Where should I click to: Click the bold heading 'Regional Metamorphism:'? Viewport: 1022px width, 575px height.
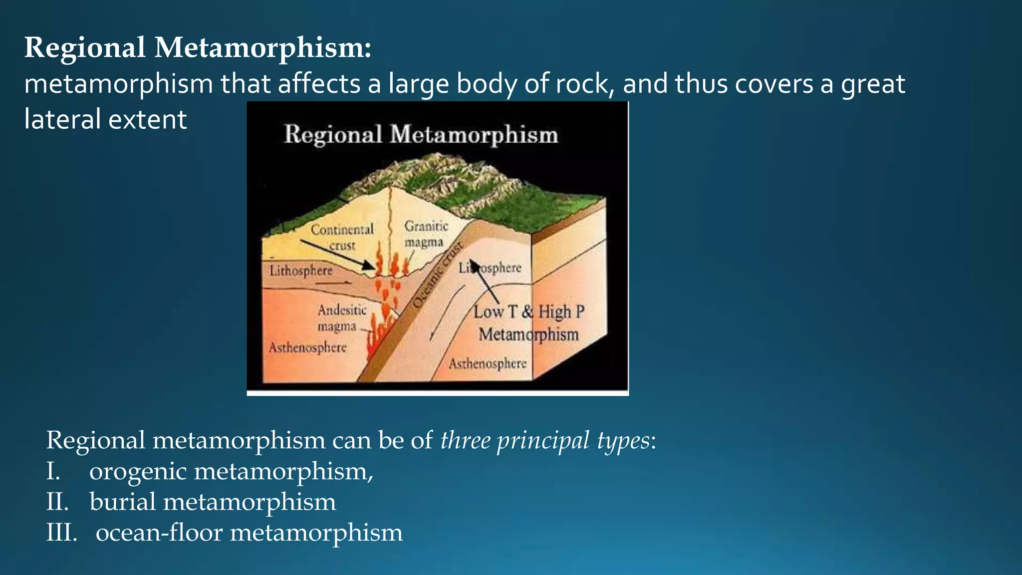click(198, 48)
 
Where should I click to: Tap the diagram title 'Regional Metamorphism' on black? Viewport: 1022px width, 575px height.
click(421, 135)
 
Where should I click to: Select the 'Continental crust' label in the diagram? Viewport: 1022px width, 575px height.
click(342, 237)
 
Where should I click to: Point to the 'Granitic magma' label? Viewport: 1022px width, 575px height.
click(426, 234)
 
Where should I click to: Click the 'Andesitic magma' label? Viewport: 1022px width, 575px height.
click(342, 318)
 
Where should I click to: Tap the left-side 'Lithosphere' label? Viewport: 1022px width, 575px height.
click(301, 271)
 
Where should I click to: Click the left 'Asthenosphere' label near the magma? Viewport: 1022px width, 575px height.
click(307, 347)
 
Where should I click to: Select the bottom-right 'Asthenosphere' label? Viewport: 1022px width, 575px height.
click(488, 363)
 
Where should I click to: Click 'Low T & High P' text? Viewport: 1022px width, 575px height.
click(528, 312)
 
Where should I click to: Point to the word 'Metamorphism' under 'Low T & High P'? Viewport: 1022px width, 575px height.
click(528, 334)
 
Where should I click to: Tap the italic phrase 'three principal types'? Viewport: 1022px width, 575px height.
click(545, 440)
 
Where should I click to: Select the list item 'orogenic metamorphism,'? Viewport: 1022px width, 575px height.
click(231, 471)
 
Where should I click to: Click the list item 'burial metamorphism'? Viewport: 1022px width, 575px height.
click(213, 502)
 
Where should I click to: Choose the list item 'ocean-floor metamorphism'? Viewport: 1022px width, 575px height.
click(249, 533)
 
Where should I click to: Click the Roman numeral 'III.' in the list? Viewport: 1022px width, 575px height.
click(61, 533)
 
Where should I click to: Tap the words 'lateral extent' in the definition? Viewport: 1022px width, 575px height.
click(105, 120)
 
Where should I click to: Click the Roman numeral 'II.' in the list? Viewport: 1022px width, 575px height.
click(57, 502)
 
